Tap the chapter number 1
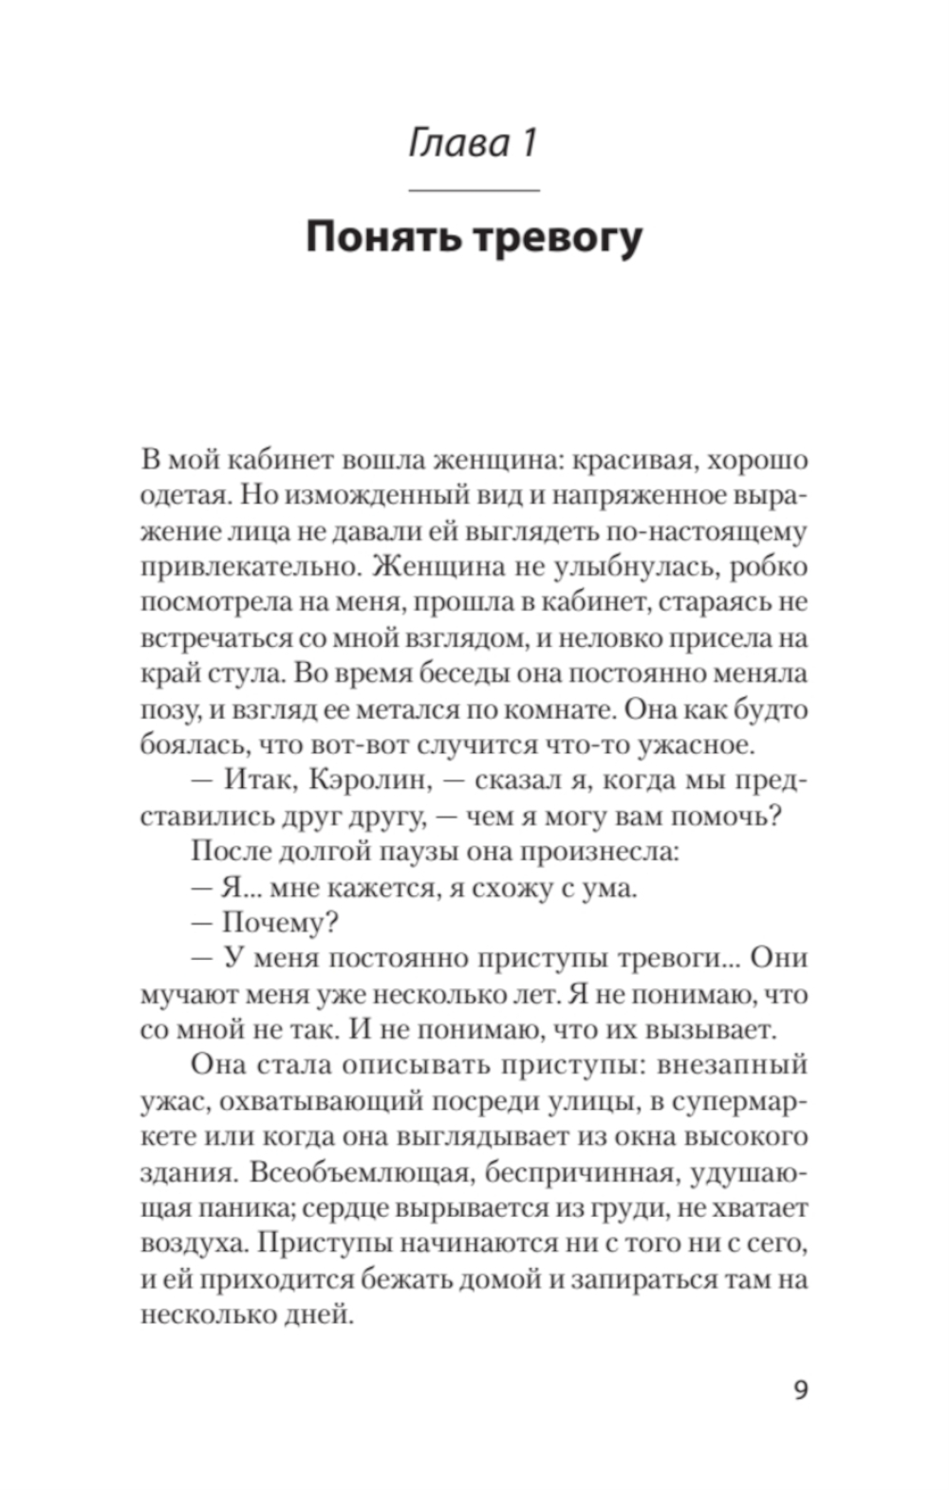click(528, 143)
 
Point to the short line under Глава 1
click(473, 190)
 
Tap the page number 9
click(800, 1390)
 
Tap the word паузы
click(415, 852)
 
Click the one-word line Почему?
click(281, 923)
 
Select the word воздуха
click(193, 1243)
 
